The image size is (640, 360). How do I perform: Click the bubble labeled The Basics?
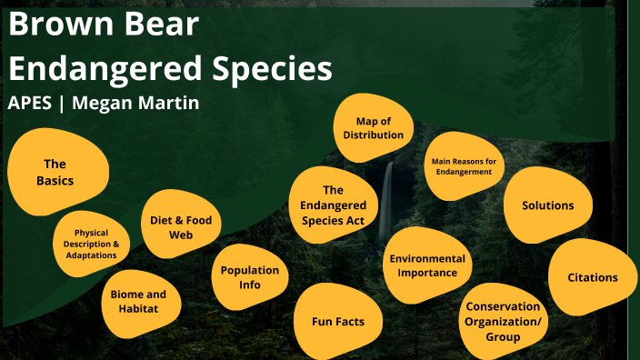pos(56,172)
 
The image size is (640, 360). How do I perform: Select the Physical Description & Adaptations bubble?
pos(91,244)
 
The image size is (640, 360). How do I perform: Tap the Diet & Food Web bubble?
pos(182,226)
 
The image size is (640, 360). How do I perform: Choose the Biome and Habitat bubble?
pos(139,301)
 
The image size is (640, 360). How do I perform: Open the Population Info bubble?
pos(250,277)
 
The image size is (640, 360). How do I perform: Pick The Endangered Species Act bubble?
pos(333,205)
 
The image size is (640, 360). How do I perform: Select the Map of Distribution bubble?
pos(373,128)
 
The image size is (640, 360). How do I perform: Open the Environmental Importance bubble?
pos(427,265)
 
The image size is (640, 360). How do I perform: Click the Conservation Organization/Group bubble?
pos(502,321)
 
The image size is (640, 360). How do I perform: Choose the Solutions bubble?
pos(547,205)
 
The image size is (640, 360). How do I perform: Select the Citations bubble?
pos(592,277)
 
